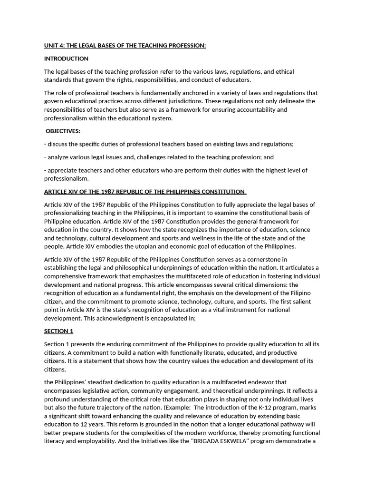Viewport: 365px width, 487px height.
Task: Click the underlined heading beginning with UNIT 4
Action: [125, 45]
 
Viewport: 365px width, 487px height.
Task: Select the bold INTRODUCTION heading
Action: [66, 58]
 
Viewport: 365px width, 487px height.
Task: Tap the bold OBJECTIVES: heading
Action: [63, 131]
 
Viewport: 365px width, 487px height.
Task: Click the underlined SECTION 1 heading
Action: [58, 331]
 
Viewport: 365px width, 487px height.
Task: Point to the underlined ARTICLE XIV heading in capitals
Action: [144, 192]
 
